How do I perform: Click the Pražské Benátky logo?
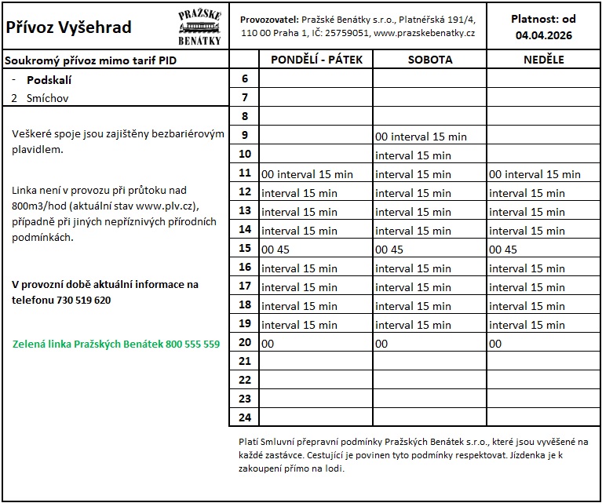pos(199,27)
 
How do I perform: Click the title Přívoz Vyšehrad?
pos(68,27)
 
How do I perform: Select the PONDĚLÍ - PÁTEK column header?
pos(316,60)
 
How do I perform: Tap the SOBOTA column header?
pos(429,60)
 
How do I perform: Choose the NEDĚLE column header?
pos(543,60)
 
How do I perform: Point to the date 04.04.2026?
pos(543,35)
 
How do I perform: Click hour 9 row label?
pos(244,136)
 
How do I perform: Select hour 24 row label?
pos(244,417)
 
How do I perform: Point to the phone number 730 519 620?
pos(83,300)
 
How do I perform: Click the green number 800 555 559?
pos(192,344)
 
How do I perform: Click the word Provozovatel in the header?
pos(268,18)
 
